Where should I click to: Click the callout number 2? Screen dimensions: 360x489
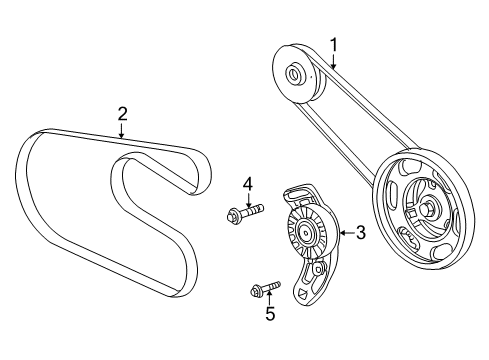tap(121, 114)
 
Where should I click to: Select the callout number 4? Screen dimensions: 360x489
tap(244, 182)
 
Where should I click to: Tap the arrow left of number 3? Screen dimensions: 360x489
tap(343, 232)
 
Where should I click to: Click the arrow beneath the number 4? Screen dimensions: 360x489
tap(244, 198)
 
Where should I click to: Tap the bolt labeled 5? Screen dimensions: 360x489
tap(264, 290)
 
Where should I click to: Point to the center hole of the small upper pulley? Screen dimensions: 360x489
tap(294, 73)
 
